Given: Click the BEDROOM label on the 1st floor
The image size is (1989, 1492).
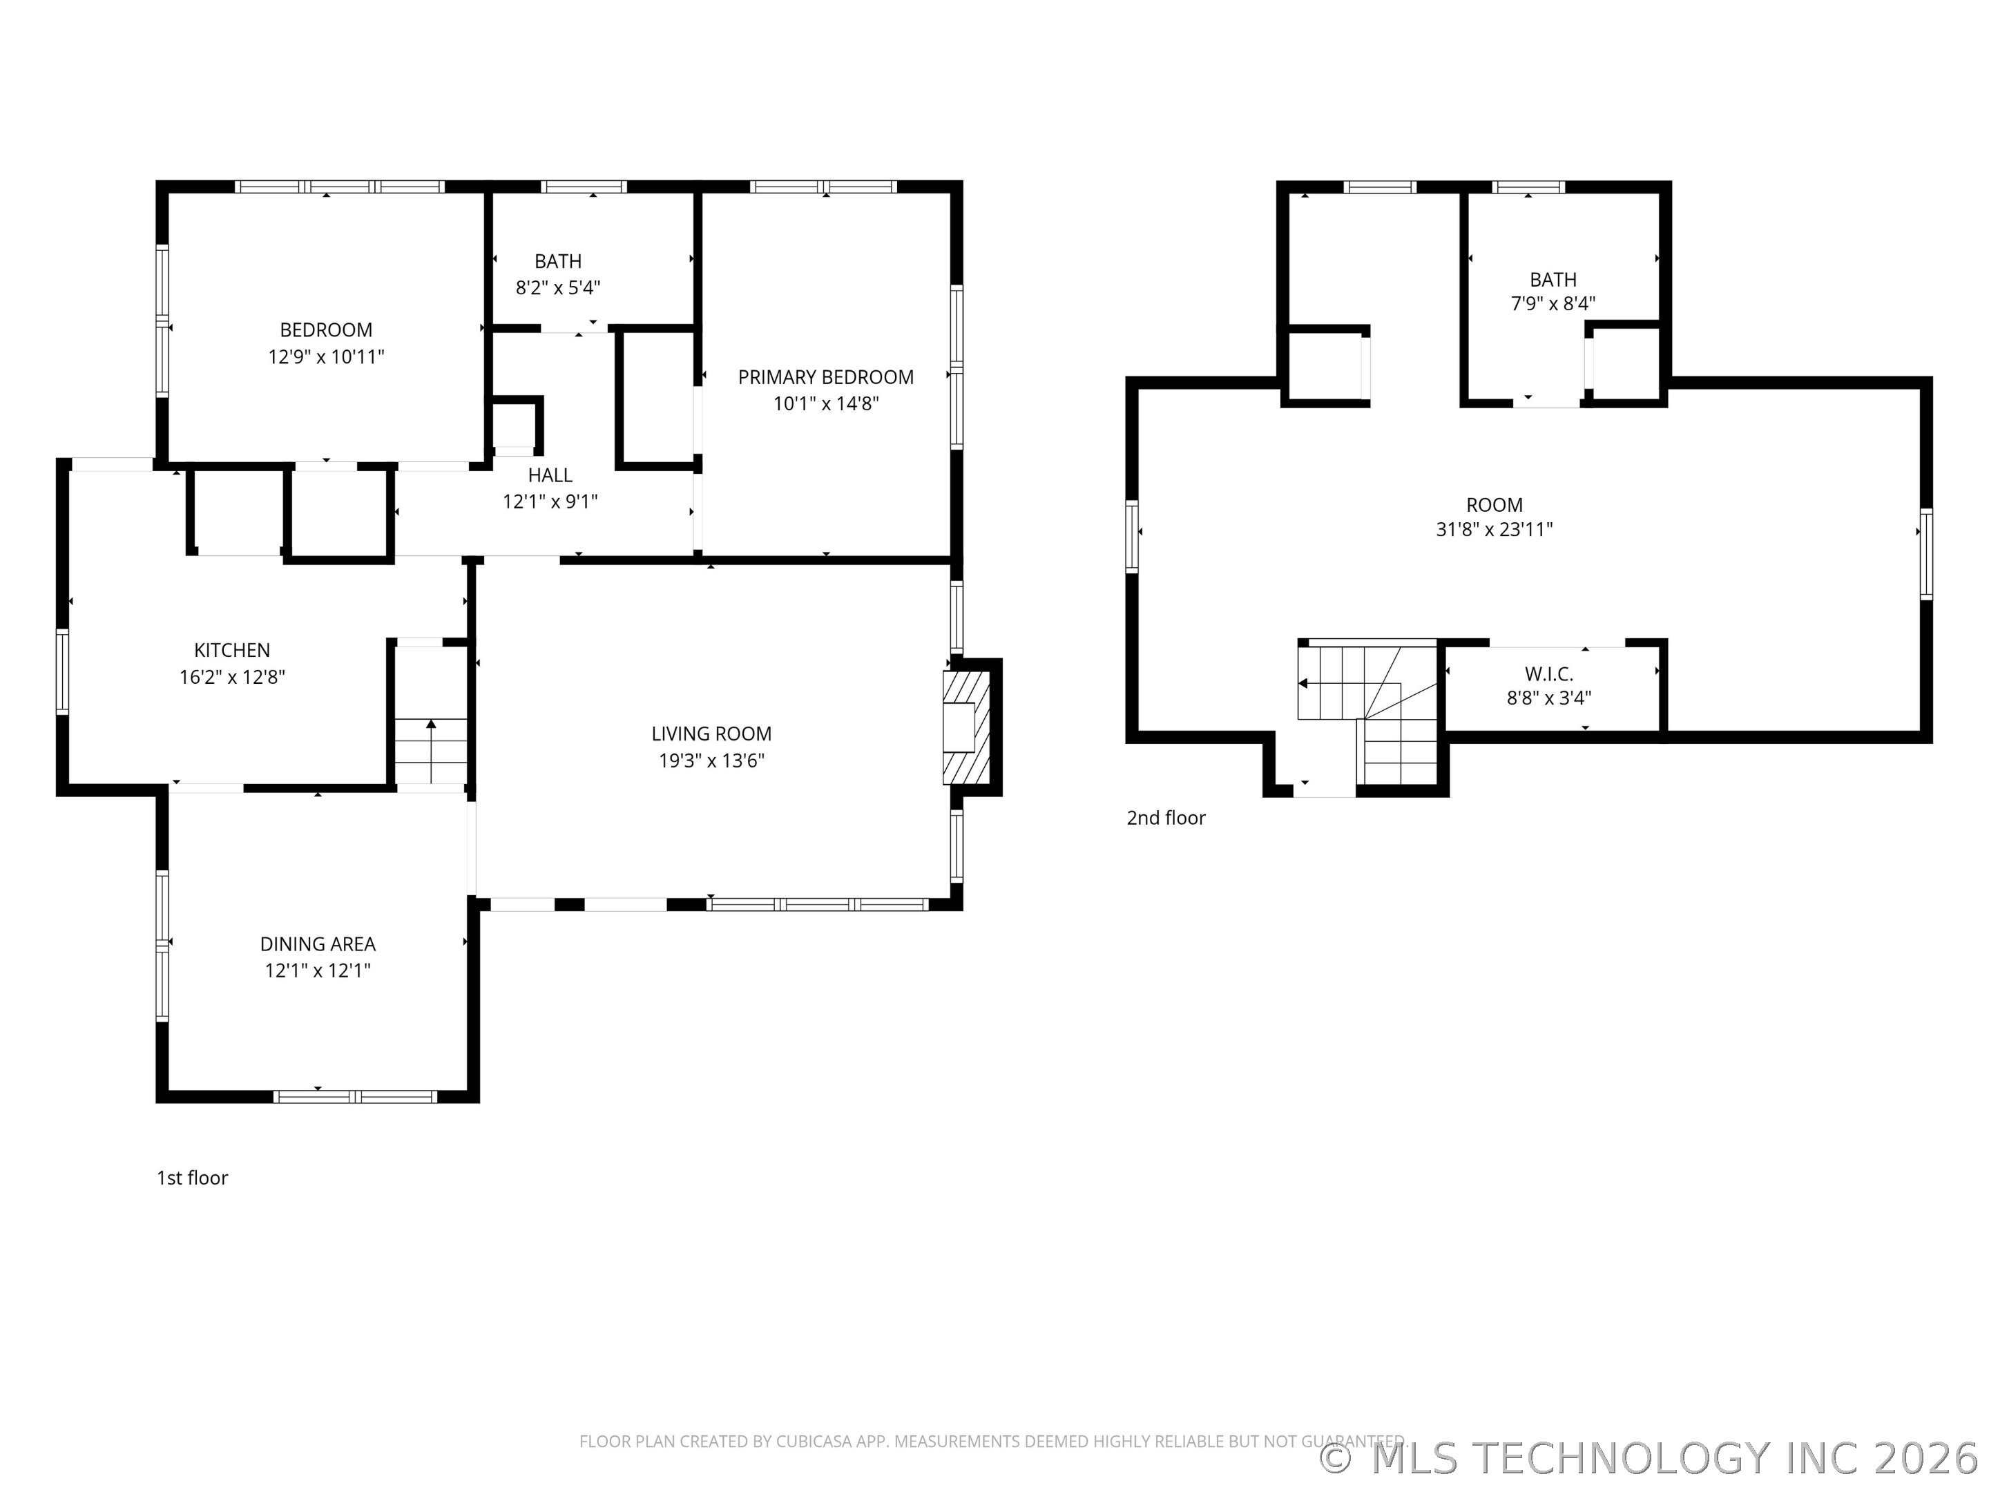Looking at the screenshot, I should [x=325, y=330].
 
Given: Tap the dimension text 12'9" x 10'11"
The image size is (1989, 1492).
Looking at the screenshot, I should [x=325, y=357].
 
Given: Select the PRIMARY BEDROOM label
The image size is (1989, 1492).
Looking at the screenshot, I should [x=825, y=378].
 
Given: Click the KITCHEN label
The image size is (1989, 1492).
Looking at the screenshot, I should [x=232, y=650].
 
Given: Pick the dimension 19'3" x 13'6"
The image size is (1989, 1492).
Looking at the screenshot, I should [x=711, y=761].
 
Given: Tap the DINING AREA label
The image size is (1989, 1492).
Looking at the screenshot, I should [x=318, y=944].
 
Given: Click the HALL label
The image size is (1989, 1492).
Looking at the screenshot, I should [x=550, y=475].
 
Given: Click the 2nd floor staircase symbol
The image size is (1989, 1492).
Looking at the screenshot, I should [x=1367, y=711].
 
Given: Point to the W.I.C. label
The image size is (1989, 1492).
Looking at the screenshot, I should [x=1548, y=673].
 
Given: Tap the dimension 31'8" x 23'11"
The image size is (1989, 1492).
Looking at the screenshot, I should [x=1494, y=530].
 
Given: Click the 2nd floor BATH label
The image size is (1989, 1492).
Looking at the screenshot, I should [x=1553, y=280].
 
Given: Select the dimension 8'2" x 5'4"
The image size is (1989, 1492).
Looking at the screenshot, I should [x=557, y=288].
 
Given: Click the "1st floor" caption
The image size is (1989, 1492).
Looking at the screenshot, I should [x=193, y=1178].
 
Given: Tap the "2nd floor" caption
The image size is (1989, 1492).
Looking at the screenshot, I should [x=1165, y=819].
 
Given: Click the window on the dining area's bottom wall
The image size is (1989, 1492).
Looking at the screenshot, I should [x=355, y=1096].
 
